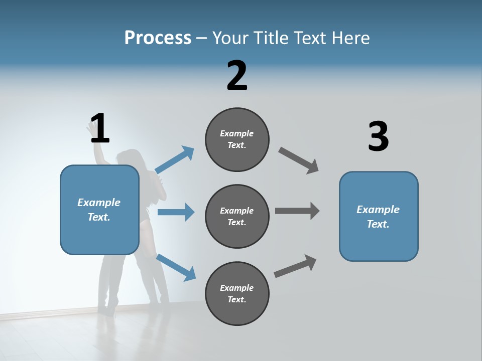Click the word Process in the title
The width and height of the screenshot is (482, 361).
click(158, 38)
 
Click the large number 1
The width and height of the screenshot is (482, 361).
click(99, 129)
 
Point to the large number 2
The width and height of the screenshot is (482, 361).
click(237, 76)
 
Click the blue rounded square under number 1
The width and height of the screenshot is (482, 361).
click(99, 210)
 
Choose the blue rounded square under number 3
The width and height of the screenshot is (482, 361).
click(379, 217)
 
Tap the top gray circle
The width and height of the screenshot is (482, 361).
click(237, 139)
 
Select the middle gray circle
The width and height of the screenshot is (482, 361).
click(237, 217)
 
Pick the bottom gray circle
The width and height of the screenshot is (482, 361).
click(237, 294)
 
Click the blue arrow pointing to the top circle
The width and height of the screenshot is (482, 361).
click(175, 160)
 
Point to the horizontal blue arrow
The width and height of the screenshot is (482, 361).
click(176, 212)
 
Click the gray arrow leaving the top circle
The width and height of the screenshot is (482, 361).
click(299, 160)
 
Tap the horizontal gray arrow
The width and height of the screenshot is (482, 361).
click(297, 211)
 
